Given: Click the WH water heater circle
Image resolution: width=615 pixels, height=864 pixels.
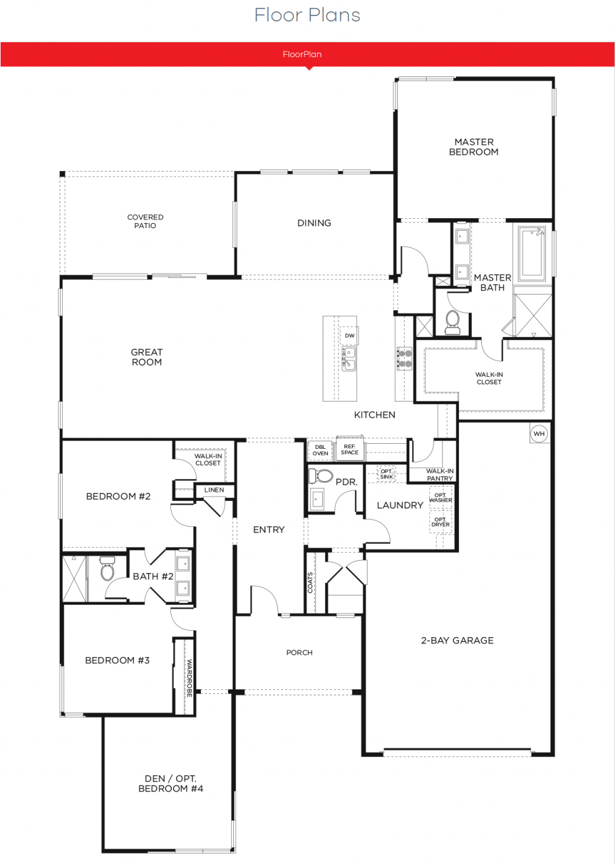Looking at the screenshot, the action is pyautogui.click(x=539, y=433).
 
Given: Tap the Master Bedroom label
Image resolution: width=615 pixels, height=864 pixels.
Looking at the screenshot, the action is pyautogui.click(x=474, y=147).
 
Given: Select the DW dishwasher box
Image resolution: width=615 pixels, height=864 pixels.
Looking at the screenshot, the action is pyautogui.click(x=349, y=336).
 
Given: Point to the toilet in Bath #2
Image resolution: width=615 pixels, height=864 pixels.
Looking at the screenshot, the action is pyautogui.click(x=107, y=569).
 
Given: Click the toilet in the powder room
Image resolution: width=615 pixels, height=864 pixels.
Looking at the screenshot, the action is pyautogui.click(x=321, y=476).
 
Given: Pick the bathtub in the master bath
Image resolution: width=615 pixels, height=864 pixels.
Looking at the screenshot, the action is pyautogui.click(x=532, y=254).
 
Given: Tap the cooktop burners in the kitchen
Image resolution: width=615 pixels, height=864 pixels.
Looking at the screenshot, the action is pyautogui.click(x=404, y=358).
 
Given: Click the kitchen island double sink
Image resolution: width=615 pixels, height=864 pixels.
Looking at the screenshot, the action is pyautogui.click(x=349, y=359).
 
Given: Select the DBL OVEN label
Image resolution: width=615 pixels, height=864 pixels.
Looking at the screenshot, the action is pyautogui.click(x=320, y=450).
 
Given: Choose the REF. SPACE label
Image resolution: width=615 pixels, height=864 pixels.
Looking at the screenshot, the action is pyautogui.click(x=349, y=449).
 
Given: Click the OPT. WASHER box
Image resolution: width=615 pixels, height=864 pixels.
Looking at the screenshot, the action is pyautogui.click(x=441, y=497).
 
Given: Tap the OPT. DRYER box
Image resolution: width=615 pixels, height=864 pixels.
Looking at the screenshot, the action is pyautogui.click(x=441, y=522).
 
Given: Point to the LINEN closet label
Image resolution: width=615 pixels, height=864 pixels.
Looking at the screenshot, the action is pyautogui.click(x=214, y=490).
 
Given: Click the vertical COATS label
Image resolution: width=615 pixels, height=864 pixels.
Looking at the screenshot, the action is pyautogui.click(x=310, y=582).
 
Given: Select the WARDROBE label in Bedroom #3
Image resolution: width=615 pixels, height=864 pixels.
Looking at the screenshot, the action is pyautogui.click(x=190, y=678).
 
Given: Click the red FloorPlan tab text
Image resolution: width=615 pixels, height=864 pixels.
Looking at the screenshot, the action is pyautogui.click(x=302, y=54).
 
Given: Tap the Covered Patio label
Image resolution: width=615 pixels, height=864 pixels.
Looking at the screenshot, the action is pyautogui.click(x=146, y=221).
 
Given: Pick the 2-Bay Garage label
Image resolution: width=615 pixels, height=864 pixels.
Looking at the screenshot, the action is pyautogui.click(x=457, y=640).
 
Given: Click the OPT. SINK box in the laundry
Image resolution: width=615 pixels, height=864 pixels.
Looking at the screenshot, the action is pyautogui.click(x=387, y=474).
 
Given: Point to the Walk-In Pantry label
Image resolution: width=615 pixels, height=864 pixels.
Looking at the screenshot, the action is pyautogui.click(x=440, y=475).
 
